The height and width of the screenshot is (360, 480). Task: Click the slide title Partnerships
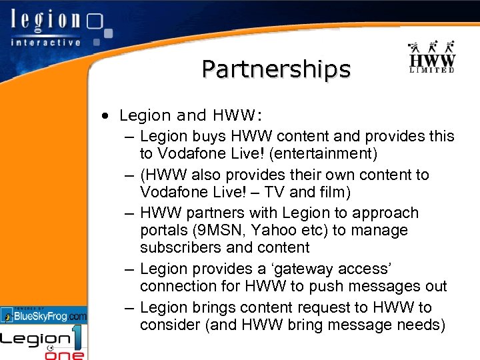click(276, 69)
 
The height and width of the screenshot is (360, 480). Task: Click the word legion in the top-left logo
click(46, 21)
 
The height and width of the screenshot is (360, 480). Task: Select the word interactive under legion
click(46, 41)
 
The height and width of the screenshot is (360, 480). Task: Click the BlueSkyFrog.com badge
click(44, 315)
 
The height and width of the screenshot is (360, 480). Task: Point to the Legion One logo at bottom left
click(43, 341)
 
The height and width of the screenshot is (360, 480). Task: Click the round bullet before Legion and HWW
click(106, 116)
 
